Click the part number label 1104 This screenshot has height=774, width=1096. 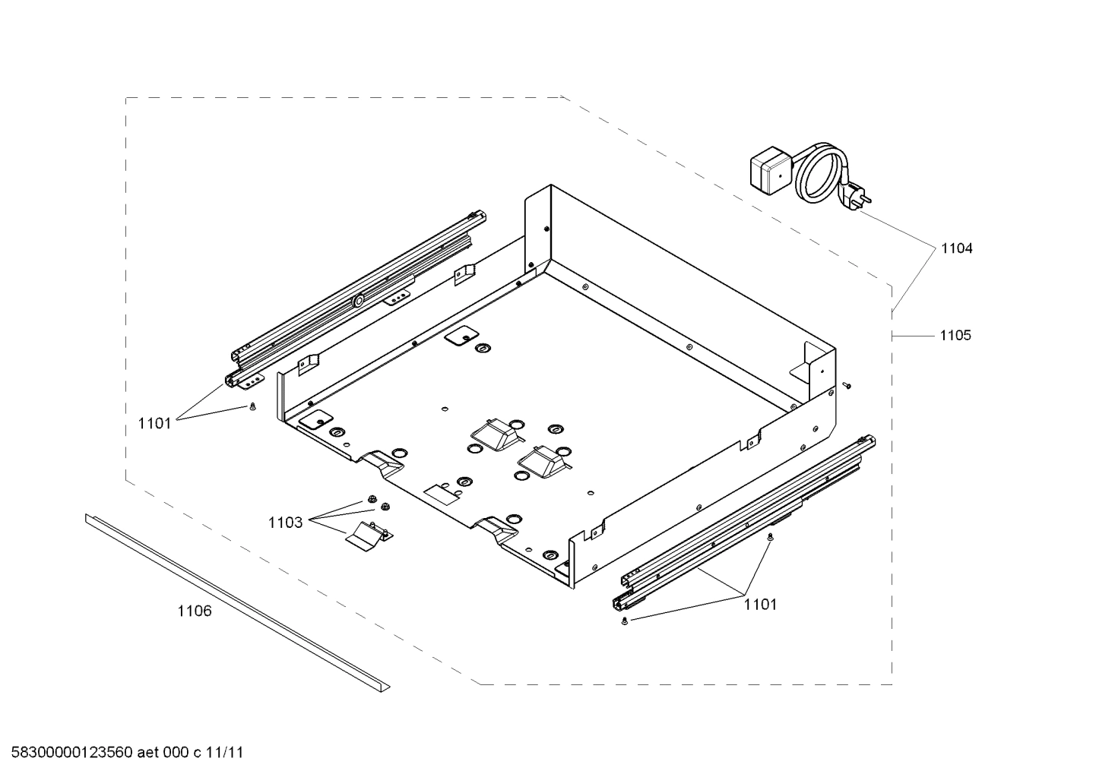(x=956, y=248)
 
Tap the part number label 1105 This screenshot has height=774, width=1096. (x=955, y=335)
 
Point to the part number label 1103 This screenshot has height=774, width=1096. (x=285, y=523)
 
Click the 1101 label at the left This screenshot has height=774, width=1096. (x=155, y=423)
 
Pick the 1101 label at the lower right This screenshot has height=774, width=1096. (x=760, y=604)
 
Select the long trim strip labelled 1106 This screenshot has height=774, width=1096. (x=236, y=600)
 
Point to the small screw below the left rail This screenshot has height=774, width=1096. (x=252, y=408)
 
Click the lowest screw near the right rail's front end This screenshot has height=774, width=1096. (x=624, y=622)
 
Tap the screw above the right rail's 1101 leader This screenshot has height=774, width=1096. (x=771, y=537)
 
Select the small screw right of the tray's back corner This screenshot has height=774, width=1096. (x=847, y=386)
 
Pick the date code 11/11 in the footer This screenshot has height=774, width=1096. (x=226, y=753)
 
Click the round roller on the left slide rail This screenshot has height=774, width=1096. (x=357, y=301)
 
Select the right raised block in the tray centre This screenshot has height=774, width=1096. (x=540, y=460)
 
